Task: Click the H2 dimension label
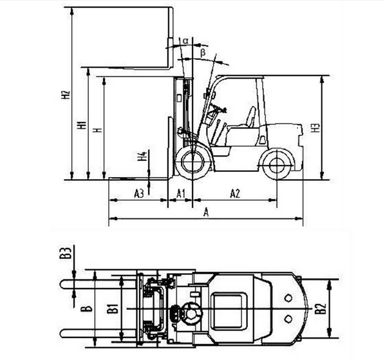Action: tap(66, 95)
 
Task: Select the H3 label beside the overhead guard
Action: tap(316, 128)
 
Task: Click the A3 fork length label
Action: tap(139, 193)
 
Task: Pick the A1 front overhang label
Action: tap(181, 193)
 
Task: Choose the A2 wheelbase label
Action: tap(235, 193)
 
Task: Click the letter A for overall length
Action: tap(206, 213)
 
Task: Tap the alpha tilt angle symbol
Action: tap(185, 41)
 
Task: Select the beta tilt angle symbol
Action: tap(203, 53)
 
